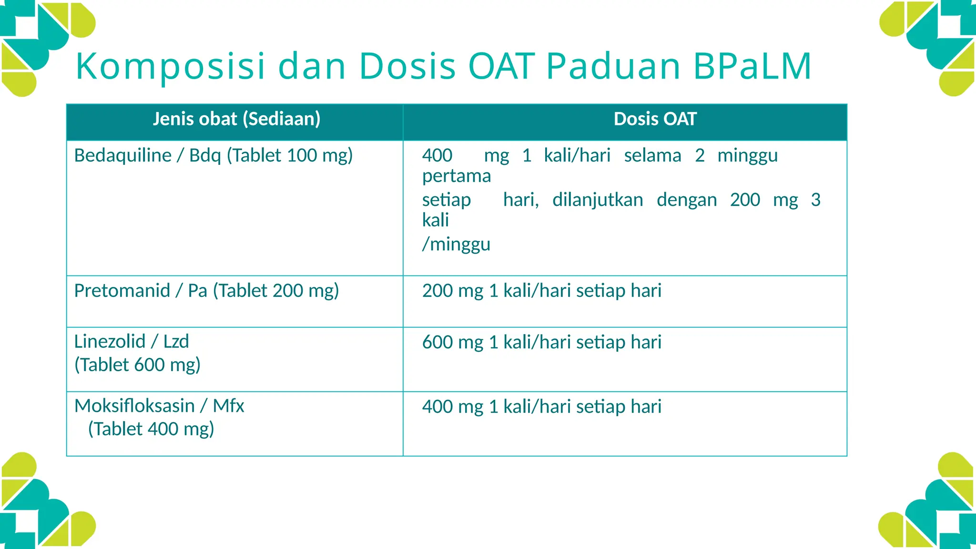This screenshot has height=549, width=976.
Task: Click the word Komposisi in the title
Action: (x=170, y=66)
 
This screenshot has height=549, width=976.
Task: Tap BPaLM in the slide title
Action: (x=752, y=66)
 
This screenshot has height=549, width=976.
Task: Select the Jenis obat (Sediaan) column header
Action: (x=236, y=119)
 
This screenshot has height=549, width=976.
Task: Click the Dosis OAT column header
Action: (x=655, y=119)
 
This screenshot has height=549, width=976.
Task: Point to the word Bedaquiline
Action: (x=123, y=156)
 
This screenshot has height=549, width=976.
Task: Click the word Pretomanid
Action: (x=122, y=291)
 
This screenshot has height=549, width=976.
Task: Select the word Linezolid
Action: (x=110, y=342)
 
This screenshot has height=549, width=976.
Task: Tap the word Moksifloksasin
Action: (x=134, y=406)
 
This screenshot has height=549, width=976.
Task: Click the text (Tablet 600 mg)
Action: (x=137, y=365)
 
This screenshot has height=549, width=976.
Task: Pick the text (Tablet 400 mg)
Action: (x=151, y=429)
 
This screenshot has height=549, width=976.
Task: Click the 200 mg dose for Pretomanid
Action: (x=453, y=291)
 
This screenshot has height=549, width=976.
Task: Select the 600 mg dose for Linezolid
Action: (x=453, y=342)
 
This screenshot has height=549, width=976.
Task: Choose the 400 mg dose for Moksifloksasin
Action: (x=453, y=407)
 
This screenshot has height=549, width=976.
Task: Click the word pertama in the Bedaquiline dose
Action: (x=457, y=176)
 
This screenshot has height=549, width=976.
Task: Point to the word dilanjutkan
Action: (x=598, y=200)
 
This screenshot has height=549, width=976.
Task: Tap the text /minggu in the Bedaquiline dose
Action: (x=456, y=244)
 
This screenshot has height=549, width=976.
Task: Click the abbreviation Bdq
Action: (x=205, y=156)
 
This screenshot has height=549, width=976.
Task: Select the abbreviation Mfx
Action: (x=228, y=406)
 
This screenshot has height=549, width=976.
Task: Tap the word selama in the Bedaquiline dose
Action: (x=652, y=156)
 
